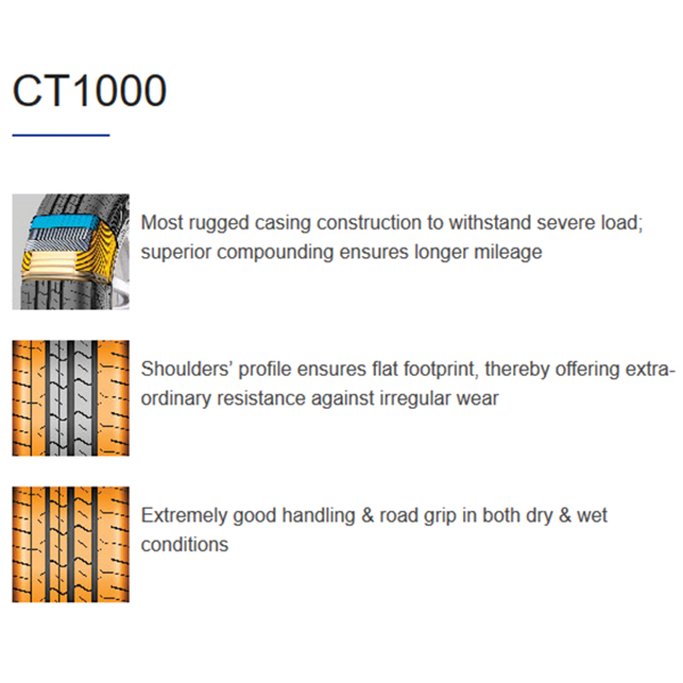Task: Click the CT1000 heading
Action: tap(89, 91)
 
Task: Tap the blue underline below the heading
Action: tap(61, 135)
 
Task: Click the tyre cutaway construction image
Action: tap(71, 252)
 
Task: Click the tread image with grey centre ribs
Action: tap(71, 398)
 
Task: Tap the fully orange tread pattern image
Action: tap(71, 545)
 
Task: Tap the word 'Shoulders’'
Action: tap(187, 369)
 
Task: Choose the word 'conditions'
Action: tap(184, 545)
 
